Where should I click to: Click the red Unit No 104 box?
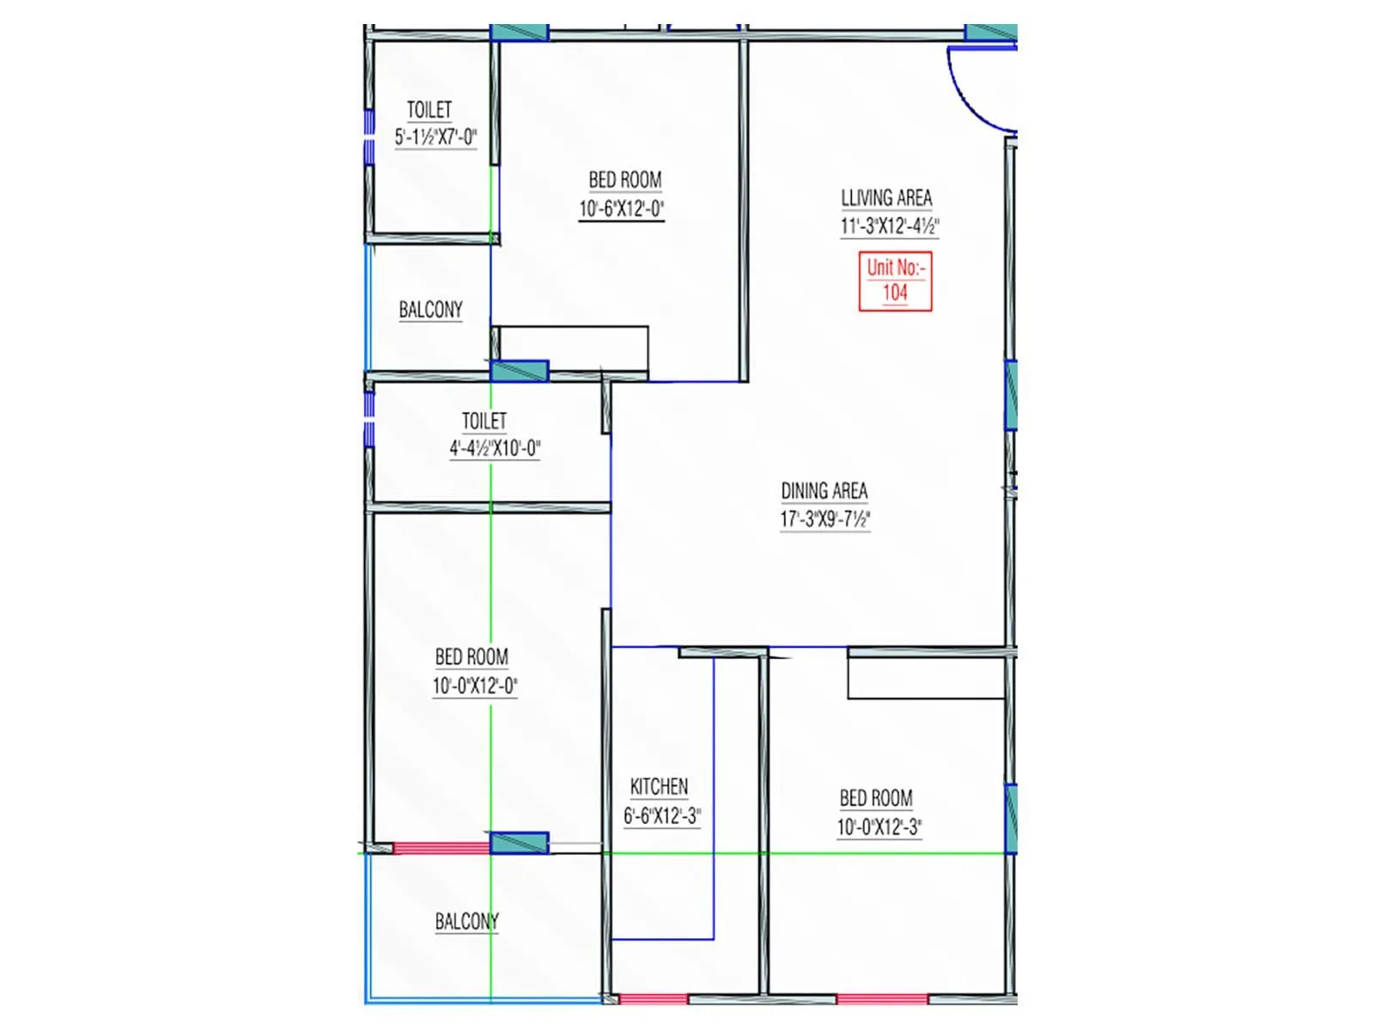click(895, 281)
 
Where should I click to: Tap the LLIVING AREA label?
click(886, 198)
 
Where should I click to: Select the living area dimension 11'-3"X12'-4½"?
click(890, 227)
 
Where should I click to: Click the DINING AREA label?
click(824, 491)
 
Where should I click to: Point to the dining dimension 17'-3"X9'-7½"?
click(825, 519)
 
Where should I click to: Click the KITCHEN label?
click(659, 787)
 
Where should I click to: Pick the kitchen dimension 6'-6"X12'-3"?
click(662, 815)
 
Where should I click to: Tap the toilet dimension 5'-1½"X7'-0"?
click(435, 137)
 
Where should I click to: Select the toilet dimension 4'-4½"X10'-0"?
click(495, 448)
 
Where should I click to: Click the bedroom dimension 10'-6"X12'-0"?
click(622, 209)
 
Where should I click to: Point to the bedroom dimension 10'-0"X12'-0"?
click(475, 686)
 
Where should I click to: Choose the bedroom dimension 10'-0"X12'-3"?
click(879, 827)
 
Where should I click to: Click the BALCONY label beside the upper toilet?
click(430, 310)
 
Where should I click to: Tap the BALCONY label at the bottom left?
click(466, 922)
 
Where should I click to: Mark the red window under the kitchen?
click(653, 999)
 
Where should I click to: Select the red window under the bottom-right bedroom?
click(882, 999)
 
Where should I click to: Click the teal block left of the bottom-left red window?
click(519, 843)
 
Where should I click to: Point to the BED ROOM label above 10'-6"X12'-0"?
click(625, 180)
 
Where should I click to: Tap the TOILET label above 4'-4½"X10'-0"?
click(484, 421)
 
